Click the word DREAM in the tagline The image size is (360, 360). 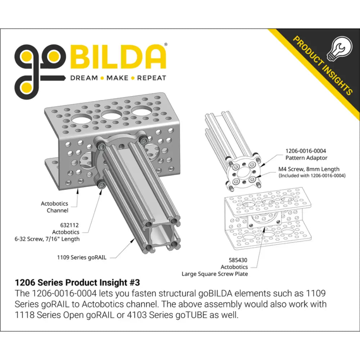84,78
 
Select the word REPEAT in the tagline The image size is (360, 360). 152,78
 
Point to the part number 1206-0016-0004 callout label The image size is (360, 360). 306,151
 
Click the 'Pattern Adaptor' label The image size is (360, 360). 306,158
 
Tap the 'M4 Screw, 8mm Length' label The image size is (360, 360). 309,169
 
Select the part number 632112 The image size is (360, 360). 69,225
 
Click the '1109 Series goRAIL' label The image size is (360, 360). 82,257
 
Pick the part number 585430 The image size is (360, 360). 238,260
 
